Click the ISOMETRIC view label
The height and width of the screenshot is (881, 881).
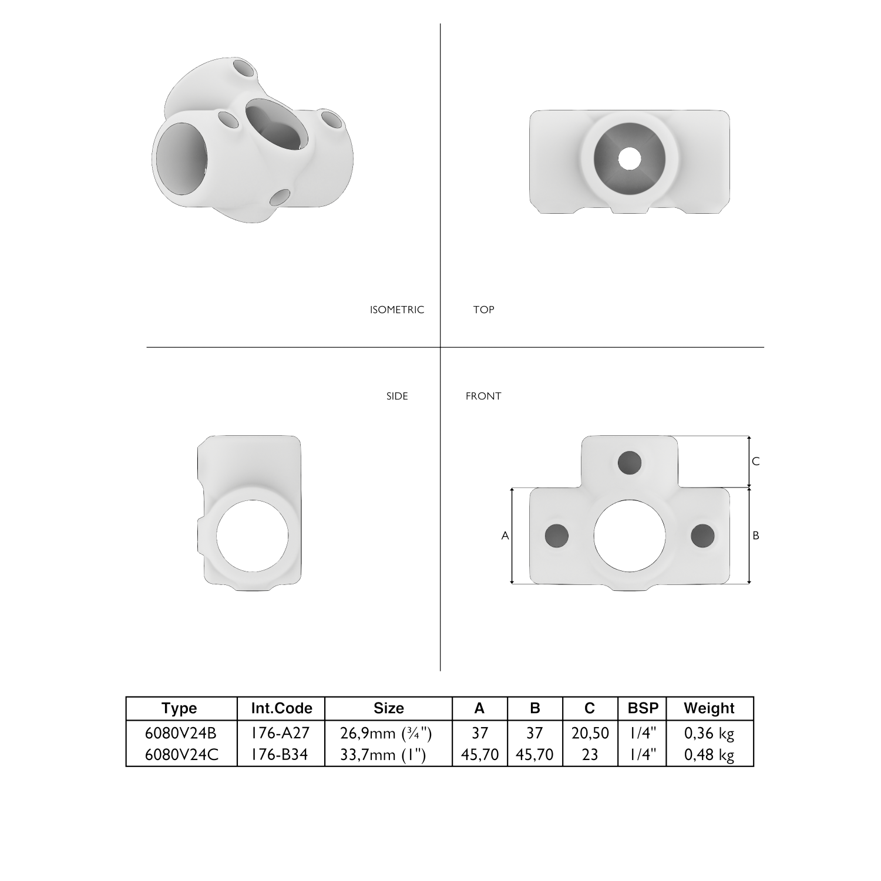(396, 310)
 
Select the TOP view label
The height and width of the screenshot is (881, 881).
(483, 310)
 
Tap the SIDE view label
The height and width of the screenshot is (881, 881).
(397, 396)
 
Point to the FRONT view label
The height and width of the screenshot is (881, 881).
(483, 396)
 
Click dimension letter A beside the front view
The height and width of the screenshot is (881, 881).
(505, 536)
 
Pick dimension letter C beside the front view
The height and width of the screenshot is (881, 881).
(756, 462)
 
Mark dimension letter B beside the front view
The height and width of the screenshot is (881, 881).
(756, 536)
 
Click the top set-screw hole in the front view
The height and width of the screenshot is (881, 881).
(630, 462)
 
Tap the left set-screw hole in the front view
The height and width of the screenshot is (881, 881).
(557, 535)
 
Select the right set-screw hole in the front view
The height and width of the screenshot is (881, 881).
(702, 535)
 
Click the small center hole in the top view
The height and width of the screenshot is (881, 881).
(630, 158)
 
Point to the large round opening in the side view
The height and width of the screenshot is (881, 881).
(253, 535)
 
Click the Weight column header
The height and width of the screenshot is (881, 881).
(709, 708)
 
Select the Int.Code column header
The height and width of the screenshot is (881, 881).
(281, 708)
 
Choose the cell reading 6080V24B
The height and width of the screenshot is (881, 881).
(180, 733)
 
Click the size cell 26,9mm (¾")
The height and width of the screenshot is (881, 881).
(387, 733)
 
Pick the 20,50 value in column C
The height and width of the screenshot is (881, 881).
(590, 733)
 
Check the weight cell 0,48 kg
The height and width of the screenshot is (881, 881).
(709, 754)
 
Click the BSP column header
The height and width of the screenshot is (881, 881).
(643, 708)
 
